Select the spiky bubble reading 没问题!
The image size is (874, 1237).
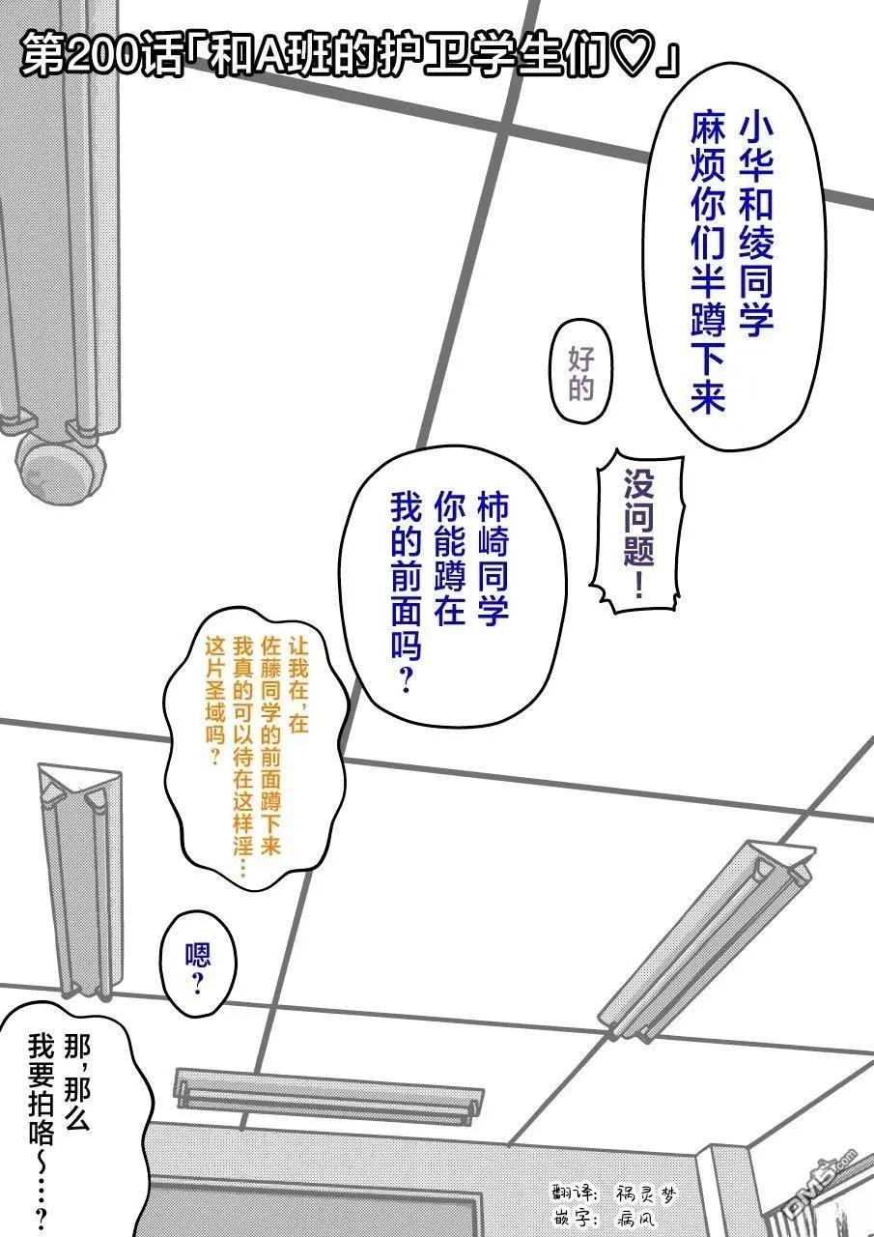pyautogui.click(x=638, y=532)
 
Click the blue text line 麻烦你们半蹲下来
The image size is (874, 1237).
pyautogui.click(x=708, y=264)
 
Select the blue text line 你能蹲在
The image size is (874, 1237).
pyautogui.click(x=450, y=557)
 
